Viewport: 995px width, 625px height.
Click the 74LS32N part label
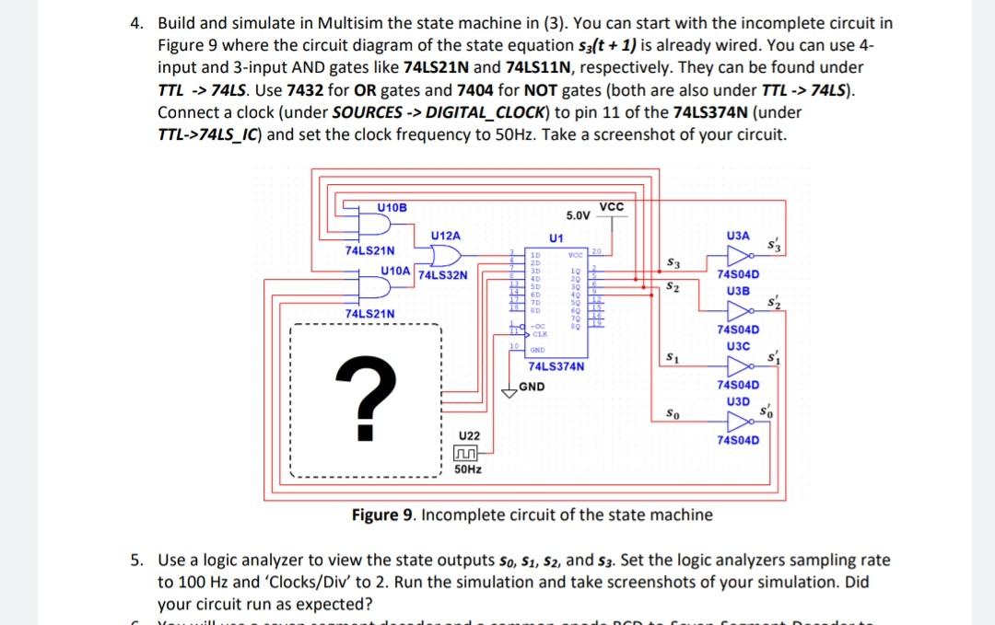coord(443,274)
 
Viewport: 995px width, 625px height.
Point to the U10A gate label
coord(396,270)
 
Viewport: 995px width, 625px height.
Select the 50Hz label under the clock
coord(468,469)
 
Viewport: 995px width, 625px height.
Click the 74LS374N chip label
coord(556,366)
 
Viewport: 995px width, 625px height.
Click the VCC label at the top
coord(612,205)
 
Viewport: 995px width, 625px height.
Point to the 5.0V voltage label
coord(578,215)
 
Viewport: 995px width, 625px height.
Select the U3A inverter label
coord(738,237)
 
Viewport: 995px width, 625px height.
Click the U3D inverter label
coord(737,401)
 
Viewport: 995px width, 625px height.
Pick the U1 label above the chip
coord(556,238)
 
